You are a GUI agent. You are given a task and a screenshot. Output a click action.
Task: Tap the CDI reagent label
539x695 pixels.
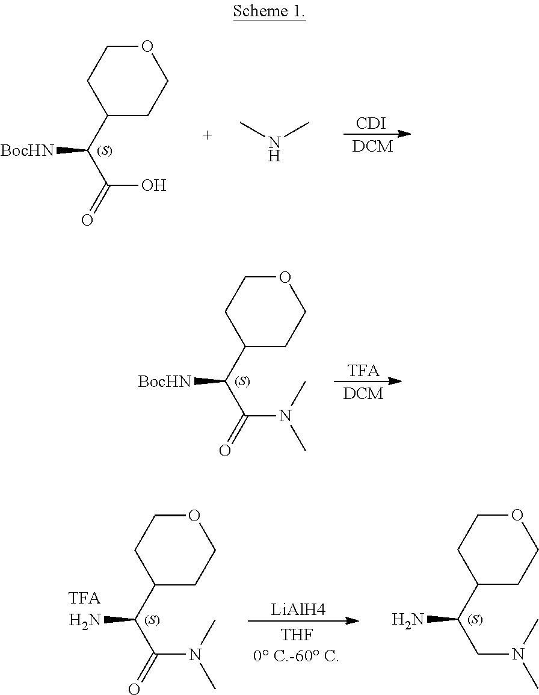click(x=371, y=123)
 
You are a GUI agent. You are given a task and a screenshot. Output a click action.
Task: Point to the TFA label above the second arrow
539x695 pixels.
click(x=364, y=371)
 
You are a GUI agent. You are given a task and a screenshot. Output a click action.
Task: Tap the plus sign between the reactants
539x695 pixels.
click(x=208, y=135)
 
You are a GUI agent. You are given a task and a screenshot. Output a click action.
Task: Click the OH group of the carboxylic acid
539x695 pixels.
click(x=153, y=185)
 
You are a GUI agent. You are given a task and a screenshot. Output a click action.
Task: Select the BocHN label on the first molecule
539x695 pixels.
click(x=27, y=150)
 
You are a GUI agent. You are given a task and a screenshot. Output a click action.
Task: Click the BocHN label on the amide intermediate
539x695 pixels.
click(x=165, y=381)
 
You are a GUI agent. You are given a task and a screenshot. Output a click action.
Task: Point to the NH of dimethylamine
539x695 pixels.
click(x=274, y=148)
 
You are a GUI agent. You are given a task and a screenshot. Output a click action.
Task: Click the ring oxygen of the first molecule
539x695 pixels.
click(x=148, y=46)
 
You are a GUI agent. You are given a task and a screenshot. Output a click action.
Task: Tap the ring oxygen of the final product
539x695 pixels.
click(x=517, y=515)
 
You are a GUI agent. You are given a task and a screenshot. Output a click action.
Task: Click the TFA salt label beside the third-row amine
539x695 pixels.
click(x=85, y=598)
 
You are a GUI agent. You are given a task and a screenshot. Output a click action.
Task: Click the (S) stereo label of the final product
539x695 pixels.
click(x=476, y=619)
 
